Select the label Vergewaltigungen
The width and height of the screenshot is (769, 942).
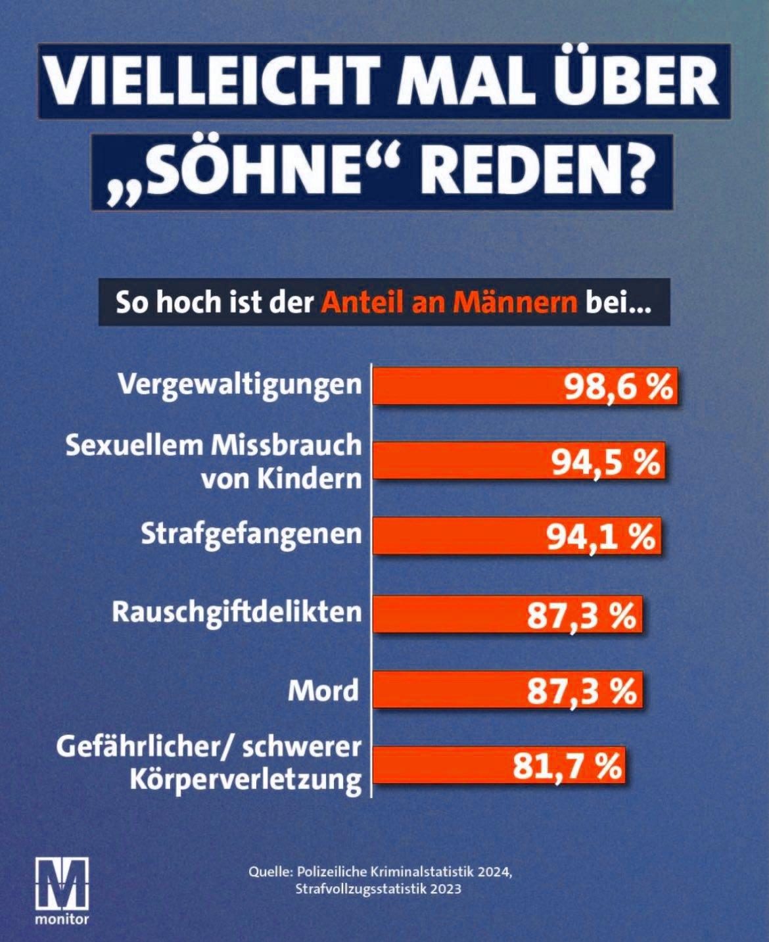coord(241,385)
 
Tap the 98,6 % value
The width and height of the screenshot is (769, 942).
coord(618,387)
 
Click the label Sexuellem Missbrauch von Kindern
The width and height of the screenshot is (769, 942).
coord(214,461)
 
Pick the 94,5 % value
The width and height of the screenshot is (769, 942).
coord(605,463)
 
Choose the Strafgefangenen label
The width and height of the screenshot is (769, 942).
coord(251,534)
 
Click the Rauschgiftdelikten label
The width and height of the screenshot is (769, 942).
coord(237,612)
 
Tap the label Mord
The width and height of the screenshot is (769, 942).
coord(324,690)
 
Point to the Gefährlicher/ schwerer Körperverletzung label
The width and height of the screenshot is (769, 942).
coord(209,764)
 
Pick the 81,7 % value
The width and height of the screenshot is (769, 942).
coord(567,766)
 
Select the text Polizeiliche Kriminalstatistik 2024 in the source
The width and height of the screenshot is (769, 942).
coord(403,872)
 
